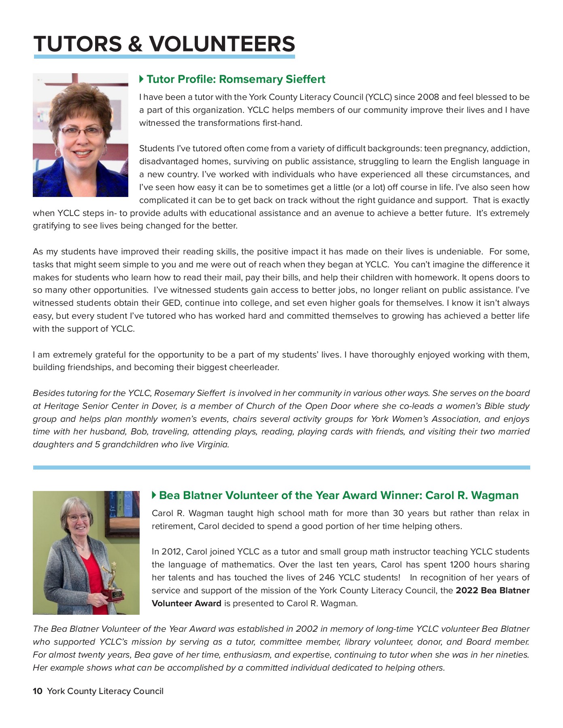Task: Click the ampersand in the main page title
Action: coord(135,44)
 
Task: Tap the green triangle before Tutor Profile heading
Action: coord(141,79)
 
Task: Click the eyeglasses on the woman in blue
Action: coord(81,131)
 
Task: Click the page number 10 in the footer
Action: coord(37,691)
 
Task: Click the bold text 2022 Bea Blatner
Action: coord(492,590)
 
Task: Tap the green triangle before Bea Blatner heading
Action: coord(154,495)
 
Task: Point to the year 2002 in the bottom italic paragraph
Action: coord(306,629)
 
